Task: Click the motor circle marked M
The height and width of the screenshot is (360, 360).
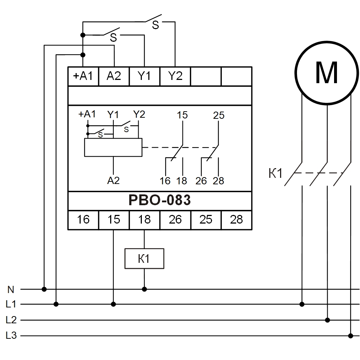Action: tap(327, 73)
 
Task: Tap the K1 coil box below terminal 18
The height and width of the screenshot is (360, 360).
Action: tap(144, 258)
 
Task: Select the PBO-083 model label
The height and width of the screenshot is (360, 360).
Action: tap(159, 201)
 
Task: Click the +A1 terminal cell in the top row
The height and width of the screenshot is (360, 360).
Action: tap(83, 76)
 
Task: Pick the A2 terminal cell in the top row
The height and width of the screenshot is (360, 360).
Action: tap(114, 76)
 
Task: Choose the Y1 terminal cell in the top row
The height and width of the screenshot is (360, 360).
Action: tap(144, 76)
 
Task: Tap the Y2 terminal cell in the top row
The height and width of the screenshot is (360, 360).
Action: tap(175, 76)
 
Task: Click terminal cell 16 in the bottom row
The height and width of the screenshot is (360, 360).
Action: tap(83, 219)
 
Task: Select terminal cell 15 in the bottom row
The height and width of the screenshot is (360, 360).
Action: tap(114, 219)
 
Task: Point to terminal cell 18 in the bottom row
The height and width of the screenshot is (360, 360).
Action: tap(144, 219)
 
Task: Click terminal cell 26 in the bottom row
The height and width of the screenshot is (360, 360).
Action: tap(175, 219)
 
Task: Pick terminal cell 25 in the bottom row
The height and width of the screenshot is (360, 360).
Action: tap(206, 219)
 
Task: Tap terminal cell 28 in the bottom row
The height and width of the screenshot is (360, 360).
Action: tap(236, 219)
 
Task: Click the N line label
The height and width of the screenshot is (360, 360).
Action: tap(11, 289)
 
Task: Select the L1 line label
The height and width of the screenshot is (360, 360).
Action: tap(11, 305)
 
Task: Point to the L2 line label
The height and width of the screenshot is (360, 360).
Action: tap(11, 320)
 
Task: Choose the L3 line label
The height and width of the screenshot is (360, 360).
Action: tap(11, 336)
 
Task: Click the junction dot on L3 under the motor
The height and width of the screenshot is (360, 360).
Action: tap(351, 336)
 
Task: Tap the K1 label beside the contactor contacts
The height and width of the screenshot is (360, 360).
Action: tap(276, 174)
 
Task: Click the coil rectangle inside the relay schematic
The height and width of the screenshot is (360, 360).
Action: tap(113, 148)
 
